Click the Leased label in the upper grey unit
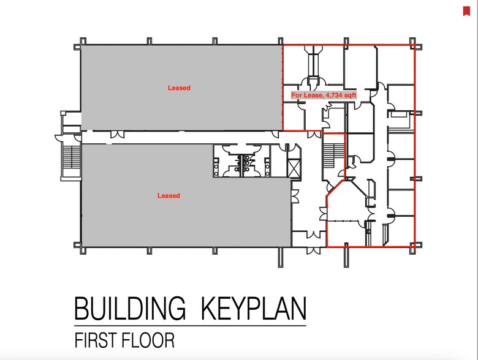coord(179,88)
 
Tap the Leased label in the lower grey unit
coord(169,195)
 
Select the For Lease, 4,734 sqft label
coord(324,96)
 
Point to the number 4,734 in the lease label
coord(334,96)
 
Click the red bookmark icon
coord(466,11)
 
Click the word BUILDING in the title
coord(129,308)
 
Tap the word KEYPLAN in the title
coord(254,308)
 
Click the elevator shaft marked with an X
coord(294,168)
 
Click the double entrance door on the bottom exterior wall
coord(313,250)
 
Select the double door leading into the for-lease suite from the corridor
coord(314,135)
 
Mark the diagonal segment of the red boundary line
coord(335,187)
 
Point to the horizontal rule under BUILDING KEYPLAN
coord(190,326)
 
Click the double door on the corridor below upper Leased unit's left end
coord(117,134)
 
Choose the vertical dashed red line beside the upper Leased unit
coord(283,88)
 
